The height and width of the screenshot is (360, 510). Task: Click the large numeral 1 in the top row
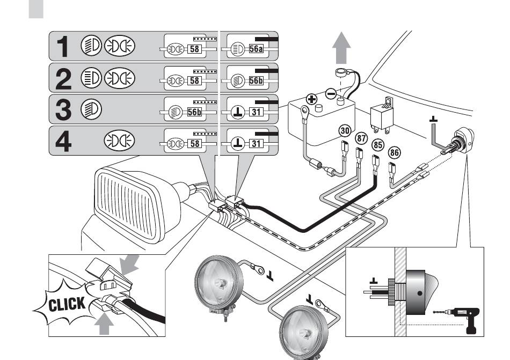click(63, 47)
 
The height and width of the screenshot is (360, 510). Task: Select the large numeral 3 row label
click(63, 109)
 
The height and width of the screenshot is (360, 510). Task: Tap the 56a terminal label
click(256, 49)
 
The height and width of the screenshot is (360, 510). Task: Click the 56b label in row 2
click(256, 80)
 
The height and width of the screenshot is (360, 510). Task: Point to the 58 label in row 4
click(194, 143)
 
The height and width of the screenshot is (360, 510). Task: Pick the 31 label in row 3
click(256, 112)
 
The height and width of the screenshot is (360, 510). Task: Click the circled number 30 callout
click(345, 130)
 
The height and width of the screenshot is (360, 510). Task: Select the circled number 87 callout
click(362, 138)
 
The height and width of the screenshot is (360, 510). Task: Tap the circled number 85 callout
click(377, 145)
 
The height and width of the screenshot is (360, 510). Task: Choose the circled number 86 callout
click(394, 152)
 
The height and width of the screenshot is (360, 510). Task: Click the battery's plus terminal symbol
click(312, 99)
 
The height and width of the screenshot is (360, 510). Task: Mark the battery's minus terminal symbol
click(331, 94)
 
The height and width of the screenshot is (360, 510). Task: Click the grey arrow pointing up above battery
click(341, 47)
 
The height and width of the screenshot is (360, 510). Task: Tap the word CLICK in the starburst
click(67, 304)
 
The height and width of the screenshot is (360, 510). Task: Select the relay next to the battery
click(382, 115)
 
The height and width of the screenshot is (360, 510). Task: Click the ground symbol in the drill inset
click(374, 281)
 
